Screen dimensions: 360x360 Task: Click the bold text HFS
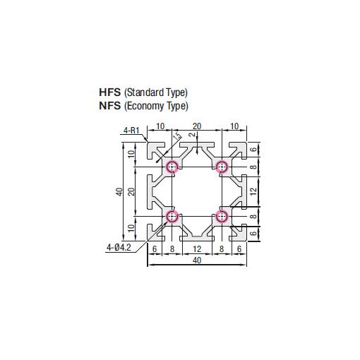coord(111,92)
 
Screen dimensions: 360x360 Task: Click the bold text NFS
coord(111,107)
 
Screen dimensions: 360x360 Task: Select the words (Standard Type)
coord(156,92)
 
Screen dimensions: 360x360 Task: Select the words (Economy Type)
coord(156,107)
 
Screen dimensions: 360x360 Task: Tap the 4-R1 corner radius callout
coord(132,131)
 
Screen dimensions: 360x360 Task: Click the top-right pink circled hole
coord(222,167)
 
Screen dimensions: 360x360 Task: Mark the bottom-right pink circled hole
coord(222,216)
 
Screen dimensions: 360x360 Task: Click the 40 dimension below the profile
coord(197,260)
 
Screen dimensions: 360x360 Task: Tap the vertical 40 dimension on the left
coord(120,191)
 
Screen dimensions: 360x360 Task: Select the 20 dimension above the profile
coord(197,126)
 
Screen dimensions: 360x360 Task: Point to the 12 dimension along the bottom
coord(197,248)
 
